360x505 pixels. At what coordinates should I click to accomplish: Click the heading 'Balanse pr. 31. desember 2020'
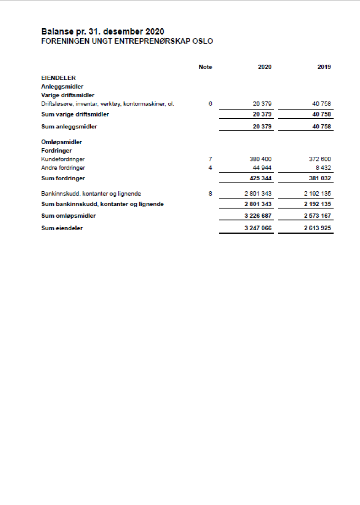coord(102,32)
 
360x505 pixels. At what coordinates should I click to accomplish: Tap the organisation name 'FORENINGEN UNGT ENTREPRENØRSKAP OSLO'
coord(127,41)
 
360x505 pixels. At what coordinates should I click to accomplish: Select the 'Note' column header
coord(205,67)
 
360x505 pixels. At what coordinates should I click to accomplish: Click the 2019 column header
coord(324,67)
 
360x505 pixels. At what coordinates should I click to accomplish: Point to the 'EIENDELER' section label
coord(58,78)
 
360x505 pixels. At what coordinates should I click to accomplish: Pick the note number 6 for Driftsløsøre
coord(210,104)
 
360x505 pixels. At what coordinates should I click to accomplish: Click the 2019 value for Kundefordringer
coord(320,159)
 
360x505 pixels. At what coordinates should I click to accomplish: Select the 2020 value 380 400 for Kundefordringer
coord(260,159)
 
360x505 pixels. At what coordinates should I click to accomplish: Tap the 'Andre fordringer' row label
coord(63,168)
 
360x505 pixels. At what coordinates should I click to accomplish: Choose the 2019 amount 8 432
coord(323,168)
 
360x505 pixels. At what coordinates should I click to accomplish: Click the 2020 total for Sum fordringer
coord(260,178)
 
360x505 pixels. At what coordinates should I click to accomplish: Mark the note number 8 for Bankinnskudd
coord(210,194)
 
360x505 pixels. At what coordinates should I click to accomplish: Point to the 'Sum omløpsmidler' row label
coord(68,216)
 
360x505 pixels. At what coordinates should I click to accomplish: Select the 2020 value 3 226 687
coord(258,216)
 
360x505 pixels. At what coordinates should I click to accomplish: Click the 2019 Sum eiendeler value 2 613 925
coord(317,228)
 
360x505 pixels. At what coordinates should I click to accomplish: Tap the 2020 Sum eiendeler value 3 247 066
coord(258,228)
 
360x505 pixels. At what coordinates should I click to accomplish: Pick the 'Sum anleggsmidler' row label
coord(69,127)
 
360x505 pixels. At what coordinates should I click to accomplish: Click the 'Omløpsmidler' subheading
coord(62,142)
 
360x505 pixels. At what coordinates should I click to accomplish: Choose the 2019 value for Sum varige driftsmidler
coord(321,114)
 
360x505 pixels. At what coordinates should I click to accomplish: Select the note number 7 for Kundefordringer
coord(210,159)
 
